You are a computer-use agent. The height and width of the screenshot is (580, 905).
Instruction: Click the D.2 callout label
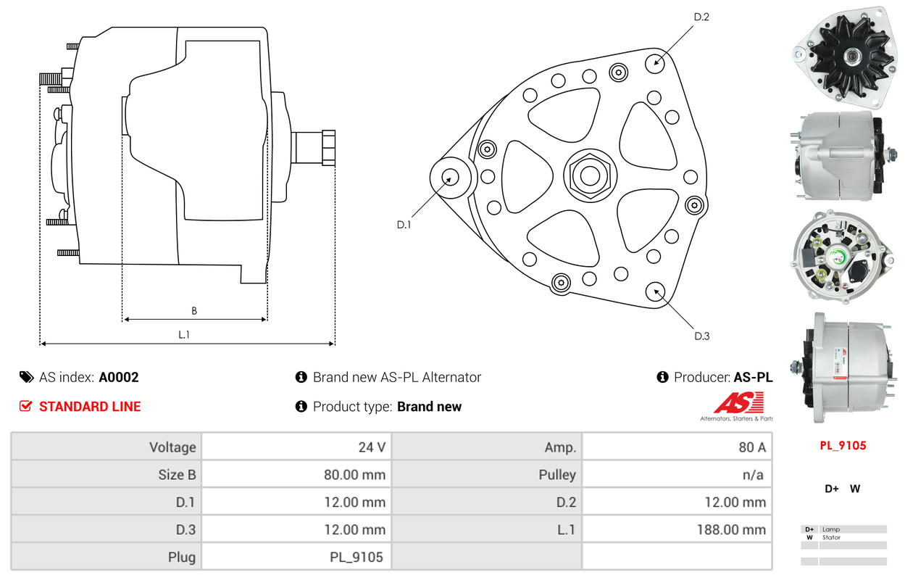(701, 17)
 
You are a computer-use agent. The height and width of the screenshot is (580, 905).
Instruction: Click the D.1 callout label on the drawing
(404, 225)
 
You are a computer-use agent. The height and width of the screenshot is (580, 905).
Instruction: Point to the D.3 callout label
(701, 336)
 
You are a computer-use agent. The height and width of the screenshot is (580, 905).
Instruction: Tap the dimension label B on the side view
(194, 311)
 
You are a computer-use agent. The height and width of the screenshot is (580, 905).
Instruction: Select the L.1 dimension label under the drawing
(184, 335)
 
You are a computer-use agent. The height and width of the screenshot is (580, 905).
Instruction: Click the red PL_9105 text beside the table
(843, 445)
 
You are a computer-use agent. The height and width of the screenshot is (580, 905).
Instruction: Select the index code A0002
(119, 377)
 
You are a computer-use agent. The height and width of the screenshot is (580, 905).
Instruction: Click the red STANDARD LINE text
(90, 407)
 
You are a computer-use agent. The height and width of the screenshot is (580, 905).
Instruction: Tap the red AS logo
(738, 402)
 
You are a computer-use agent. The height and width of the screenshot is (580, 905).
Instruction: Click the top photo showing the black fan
(842, 52)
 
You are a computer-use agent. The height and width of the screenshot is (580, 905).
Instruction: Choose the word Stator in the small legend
(831, 537)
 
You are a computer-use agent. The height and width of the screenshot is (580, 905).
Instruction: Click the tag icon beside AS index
(26, 377)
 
